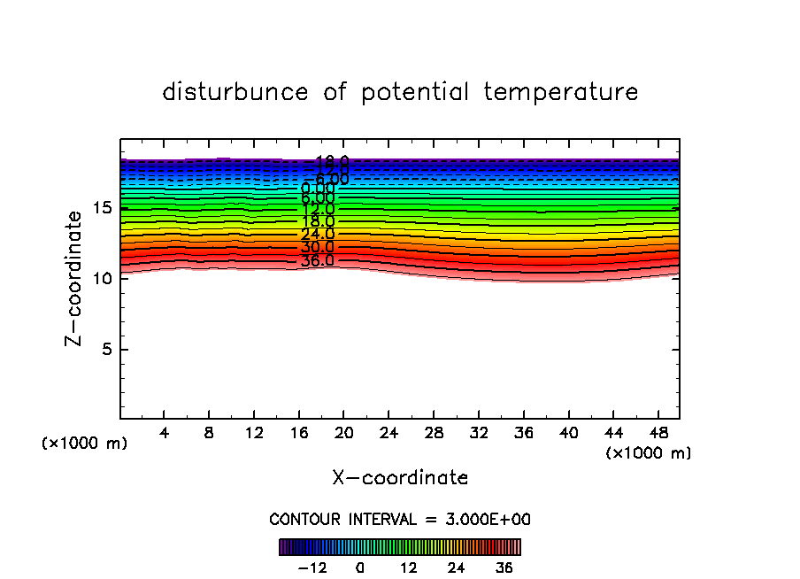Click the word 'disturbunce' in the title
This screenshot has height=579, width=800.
pos(235,92)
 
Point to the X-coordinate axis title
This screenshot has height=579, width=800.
pos(400,478)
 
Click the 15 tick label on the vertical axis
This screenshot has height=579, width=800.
pos(101,208)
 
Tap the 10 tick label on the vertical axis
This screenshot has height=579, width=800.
pos(101,278)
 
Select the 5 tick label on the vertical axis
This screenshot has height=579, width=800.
pos(105,349)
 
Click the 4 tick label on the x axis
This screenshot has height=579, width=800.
pos(165,433)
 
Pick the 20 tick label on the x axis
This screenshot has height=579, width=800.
pos(344,433)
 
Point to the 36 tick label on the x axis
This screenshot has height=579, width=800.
pos(523,433)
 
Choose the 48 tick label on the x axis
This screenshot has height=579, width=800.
pos(658,433)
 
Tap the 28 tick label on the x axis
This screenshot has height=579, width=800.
pos(434,433)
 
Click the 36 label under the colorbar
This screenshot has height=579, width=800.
pos(504,567)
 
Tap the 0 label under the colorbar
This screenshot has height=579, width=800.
pos(360,567)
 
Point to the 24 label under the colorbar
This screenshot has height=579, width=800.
pos(456,567)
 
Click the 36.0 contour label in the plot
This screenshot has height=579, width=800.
pos(318,261)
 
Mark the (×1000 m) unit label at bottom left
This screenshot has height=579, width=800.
pos(85,444)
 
